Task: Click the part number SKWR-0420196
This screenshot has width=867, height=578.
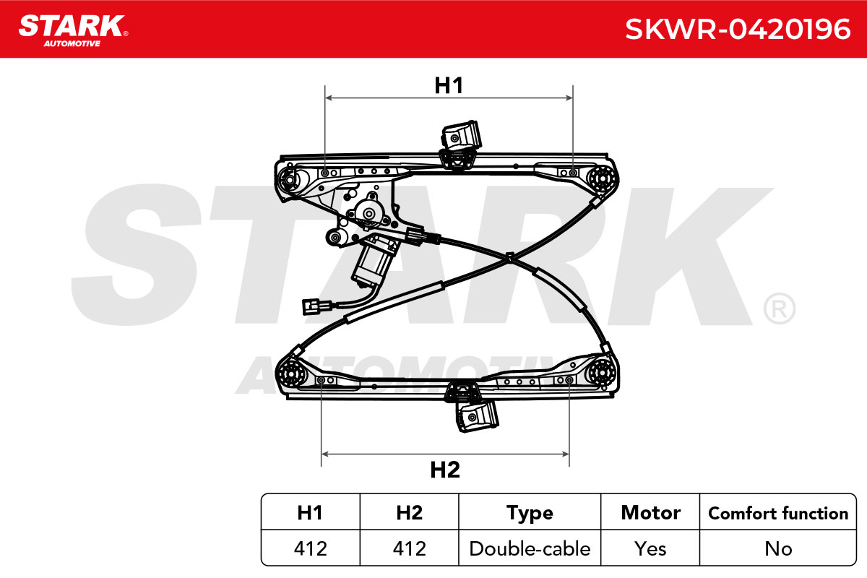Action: click(x=738, y=30)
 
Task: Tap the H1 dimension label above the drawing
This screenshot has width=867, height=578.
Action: click(x=449, y=85)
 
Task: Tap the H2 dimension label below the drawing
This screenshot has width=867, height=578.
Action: click(x=445, y=470)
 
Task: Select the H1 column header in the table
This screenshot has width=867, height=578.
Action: click(x=310, y=512)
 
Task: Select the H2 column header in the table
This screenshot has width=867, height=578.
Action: click(x=410, y=512)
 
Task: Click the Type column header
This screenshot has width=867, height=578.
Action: click(x=530, y=514)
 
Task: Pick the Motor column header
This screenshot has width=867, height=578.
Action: click(x=651, y=512)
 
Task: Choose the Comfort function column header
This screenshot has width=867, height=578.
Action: click(x=778, y=514)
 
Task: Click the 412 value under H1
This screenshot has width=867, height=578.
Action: click(x=311, y=548)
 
